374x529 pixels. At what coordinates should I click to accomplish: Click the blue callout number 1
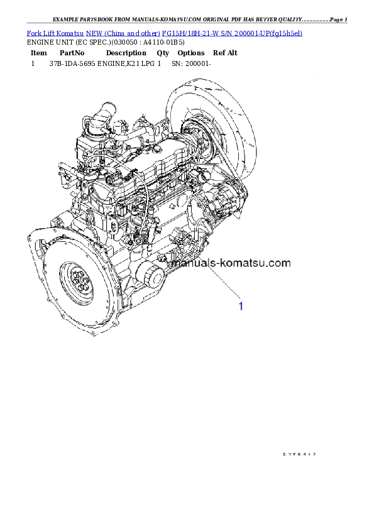pos(240,306)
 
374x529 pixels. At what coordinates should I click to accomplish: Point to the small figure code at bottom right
pos(299,454)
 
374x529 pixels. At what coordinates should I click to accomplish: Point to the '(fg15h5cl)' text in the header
pos(283,33)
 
